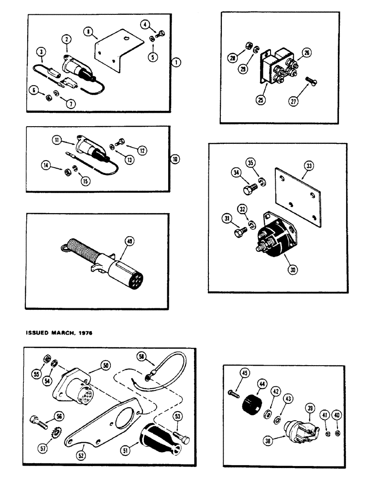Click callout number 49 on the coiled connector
(x=127, y=241)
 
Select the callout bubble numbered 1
(x=177, y=62)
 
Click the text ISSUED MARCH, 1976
(x=56, y=333)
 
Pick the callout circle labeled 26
(x=306, y=54)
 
